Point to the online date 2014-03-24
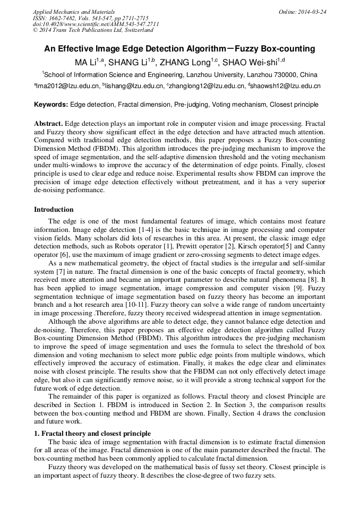313,12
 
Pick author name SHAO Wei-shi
252,62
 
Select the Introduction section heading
54,210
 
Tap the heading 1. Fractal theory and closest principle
92,434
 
